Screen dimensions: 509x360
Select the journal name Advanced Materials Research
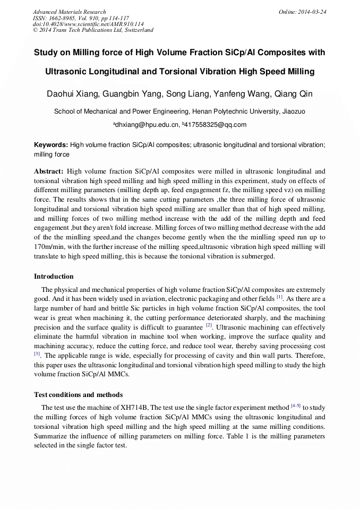tap(69, 12)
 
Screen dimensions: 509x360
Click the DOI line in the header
tap(88, 24)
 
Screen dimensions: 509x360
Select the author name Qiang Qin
tap(294, 94)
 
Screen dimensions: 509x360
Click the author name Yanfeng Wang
tap(241, 94)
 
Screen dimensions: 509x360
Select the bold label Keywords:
tap(51, 145)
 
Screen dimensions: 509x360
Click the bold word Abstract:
tap(49, 171)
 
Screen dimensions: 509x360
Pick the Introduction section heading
tap(54, 277)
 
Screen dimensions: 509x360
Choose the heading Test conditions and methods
tap(78, 395)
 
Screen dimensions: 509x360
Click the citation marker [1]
tap(279, 298)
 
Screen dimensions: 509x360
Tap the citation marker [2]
tap(209, 325)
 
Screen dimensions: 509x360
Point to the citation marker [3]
tap(37, 353)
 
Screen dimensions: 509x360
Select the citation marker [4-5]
tap(295, 406)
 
